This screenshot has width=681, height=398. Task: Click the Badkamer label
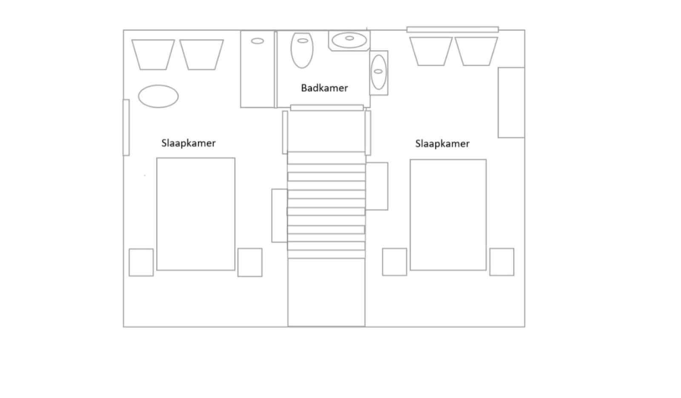coord(324,88)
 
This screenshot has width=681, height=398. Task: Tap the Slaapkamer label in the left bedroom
coord(189,143)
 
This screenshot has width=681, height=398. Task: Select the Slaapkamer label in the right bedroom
coord(442,144)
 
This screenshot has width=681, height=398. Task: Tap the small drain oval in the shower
coord(258,41)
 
